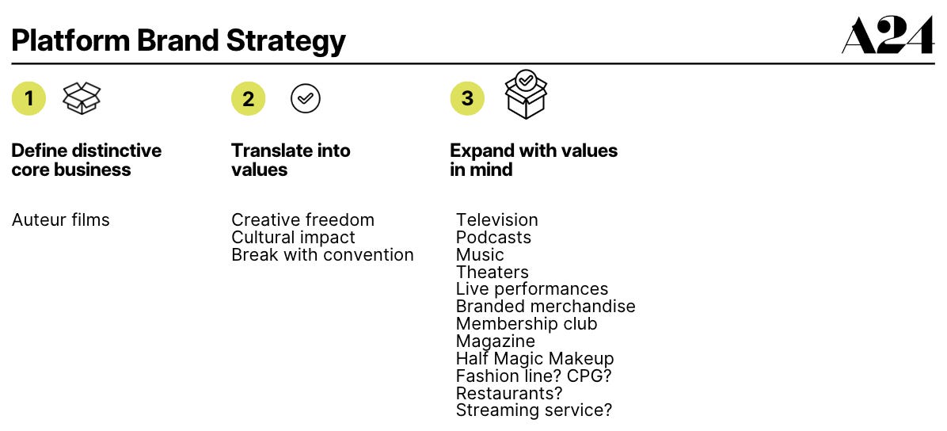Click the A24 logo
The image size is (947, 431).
point(888,36)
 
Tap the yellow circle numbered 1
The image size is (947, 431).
point(29,99)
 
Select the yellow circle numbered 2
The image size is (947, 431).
point(248,99)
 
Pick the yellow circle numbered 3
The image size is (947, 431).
point(467,98)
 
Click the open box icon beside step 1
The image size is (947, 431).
point(82,98)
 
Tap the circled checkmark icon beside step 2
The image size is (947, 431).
point(306,99)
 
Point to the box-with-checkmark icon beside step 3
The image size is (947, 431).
point(527,94)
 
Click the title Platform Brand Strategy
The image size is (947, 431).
point(179,40)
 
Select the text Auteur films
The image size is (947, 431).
point(61,220)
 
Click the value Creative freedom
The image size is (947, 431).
point(302,220)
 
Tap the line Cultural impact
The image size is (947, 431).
point(293,238)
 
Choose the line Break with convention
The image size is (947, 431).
point(322,255)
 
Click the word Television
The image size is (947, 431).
point(496,220)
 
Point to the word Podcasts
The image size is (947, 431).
point(493,238)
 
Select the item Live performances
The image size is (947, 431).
point(532,289)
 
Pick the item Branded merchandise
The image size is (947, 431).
point(546,307)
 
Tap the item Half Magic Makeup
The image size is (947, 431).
point(534,359)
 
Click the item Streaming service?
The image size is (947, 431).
point(534,410)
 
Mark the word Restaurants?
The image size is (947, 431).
point(509,393)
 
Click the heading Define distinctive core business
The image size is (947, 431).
point(86,160)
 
